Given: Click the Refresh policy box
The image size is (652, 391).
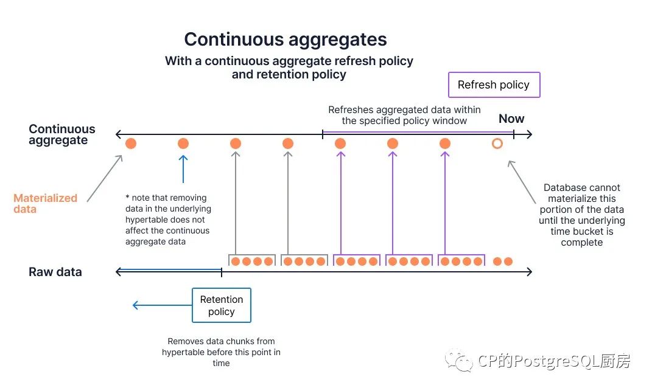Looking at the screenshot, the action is (494, 85).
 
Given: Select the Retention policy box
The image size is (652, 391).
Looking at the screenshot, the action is (221, 305).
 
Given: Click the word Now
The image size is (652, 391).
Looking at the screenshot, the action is (511, 119).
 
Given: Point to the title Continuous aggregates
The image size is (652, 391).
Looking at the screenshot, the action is (286, 40).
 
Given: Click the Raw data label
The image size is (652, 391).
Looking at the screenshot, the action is (55, 272).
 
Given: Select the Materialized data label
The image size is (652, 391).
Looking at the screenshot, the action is (45, 204).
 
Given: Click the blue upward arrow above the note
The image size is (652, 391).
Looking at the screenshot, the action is (183, 169).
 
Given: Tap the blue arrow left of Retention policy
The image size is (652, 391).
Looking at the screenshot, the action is (162, 305).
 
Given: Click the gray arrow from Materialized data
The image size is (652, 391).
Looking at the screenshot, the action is (105, 179).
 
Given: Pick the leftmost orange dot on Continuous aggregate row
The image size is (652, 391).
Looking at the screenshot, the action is (131, 144).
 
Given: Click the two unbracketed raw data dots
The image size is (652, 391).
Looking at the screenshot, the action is (503, 261).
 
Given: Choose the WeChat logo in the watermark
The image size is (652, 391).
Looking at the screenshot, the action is (458, 360).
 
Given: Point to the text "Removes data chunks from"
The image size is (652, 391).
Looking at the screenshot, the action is (221, 341).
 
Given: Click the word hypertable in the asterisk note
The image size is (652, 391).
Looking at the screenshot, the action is (146, 220).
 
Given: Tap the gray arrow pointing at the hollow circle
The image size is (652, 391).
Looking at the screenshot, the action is (522, 182).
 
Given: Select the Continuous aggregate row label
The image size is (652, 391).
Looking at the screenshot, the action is (62, 134).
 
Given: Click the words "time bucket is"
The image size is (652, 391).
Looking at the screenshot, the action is (582, 232).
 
